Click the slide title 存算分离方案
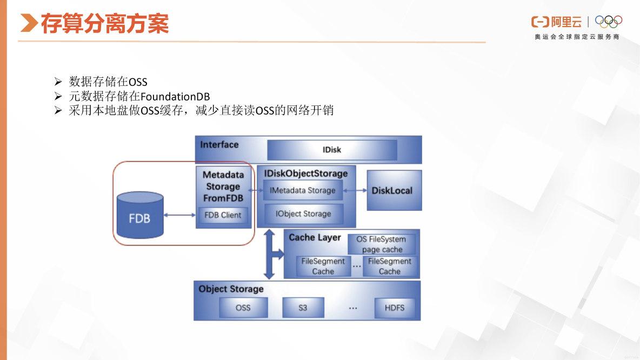pyautogui.click(x=105, y=24)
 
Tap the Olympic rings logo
pyautogui.click(x=609, y=21)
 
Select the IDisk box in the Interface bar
pyautogui.click(x=332, y=150)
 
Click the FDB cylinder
pyautogui.click(x=139, y=216)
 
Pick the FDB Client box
pyautogui.click(x=223, y=215)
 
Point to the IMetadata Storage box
pyautogui.click(x=302, y=190)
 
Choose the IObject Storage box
pyautogui.click(x=303, y=214)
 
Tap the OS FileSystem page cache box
pyautogui.click(x=382, y=244)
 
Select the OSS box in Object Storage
pyautogui.click(x=243, y=308)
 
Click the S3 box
pyautogui.click(x=303, y=308)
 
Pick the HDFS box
pyautogui.click(x=395, y=308)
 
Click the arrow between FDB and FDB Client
pyautogui.click(x=179, y=215)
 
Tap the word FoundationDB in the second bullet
pyautogui.click(x=175, y=96)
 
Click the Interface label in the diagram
pyautogui.click(x=219, y=145)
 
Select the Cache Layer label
pyautogui.click(x=315, y=237)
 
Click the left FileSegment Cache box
pyautogui.click(x=323, y=266)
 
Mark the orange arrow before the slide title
pyautogui.click(x=29, y=23)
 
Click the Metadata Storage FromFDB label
pyautogui.click(x=223, y=186)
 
